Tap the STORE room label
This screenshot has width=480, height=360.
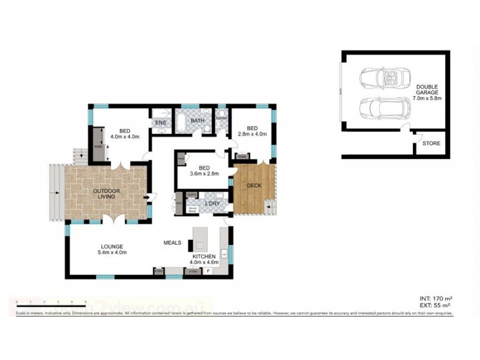click(431, 143)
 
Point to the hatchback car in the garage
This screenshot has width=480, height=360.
click(385, 109)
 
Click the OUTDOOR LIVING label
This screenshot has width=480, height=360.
click(106, 193)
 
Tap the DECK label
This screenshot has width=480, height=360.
click(254, 185)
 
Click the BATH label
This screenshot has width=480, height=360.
click(197, 121)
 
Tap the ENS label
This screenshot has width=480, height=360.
click(160, 124)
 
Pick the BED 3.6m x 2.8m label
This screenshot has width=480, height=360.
click(204, 171)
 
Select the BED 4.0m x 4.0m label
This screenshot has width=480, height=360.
click(125, 134)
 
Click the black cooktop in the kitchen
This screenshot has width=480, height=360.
click(191, 245)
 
